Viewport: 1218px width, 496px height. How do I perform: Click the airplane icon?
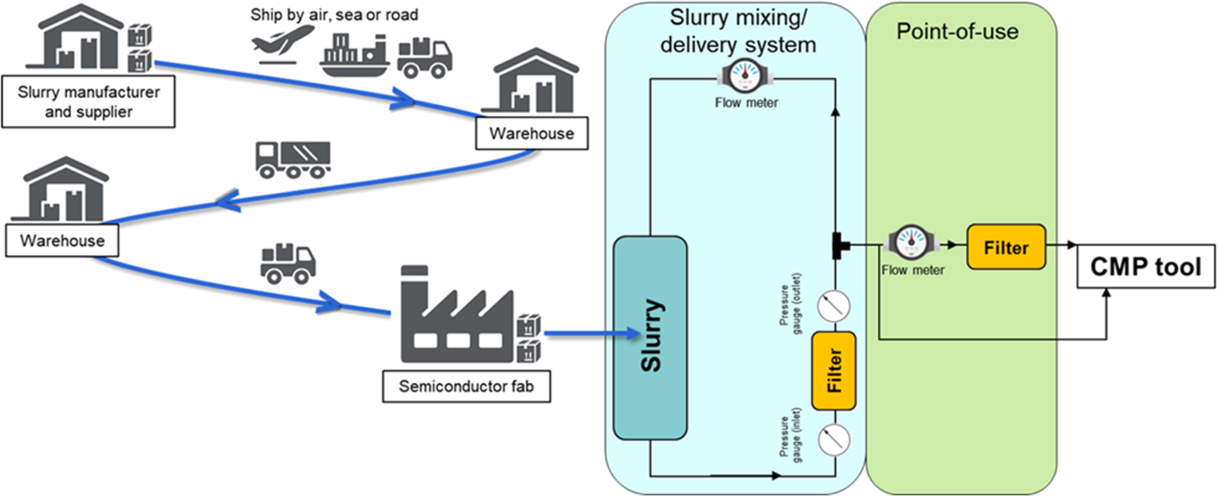[281, 44]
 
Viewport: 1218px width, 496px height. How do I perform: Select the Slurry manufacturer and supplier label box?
[88, 101]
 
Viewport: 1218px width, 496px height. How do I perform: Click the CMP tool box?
[1145, 266]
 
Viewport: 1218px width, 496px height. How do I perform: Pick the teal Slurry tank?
[650, 337]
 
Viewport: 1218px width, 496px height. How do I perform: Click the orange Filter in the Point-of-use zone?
[1006, 247]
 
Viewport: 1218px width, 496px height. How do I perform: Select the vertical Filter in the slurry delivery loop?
[833, 371]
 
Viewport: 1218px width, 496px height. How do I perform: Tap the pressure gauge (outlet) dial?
[834, 306]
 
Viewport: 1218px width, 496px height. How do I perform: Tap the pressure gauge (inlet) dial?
[834, 439]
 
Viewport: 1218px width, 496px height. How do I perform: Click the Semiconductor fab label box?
[466, 386]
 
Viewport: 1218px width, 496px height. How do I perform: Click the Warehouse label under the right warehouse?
[532, 133]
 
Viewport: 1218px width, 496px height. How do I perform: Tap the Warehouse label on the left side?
[62, 240]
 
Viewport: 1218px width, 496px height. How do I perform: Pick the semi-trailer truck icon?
[293, 160]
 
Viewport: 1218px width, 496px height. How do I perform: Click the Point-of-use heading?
[957, 31]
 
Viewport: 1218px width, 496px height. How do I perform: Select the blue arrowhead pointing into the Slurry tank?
[633, 334]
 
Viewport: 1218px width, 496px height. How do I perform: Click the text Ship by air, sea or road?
[334, 15]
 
